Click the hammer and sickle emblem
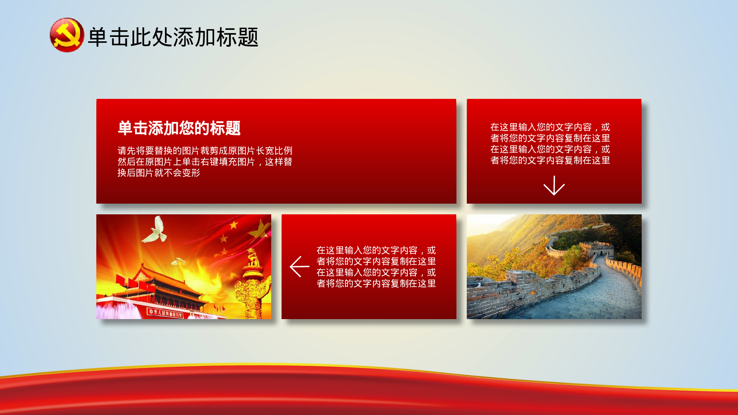pos(67,35)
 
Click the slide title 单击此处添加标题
pos(173,37)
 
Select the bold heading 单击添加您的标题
pos(179,128)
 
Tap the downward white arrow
pos(554,186)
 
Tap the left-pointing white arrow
pos(299,266)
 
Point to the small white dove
pos(178,262)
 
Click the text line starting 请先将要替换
pos(205,151)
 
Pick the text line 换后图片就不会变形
pos(159,173)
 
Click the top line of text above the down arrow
pos(550,127)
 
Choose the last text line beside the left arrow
pos(376,283)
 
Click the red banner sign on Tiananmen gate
pos(165,313)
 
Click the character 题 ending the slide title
pos(248,37)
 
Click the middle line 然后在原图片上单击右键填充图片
pos(205,162)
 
